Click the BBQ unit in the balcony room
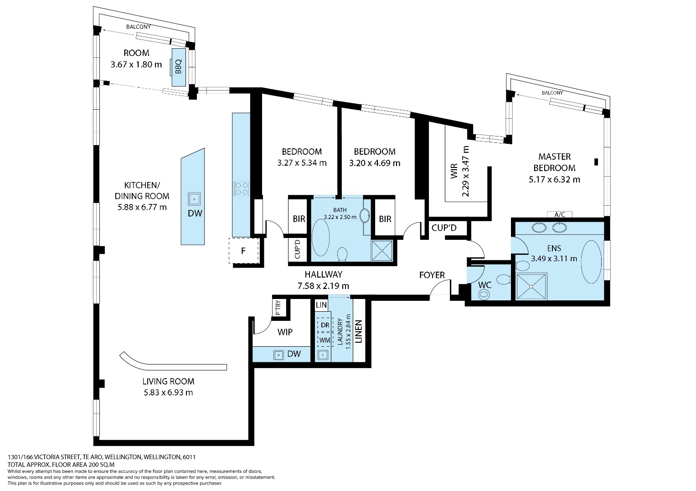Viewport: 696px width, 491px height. click(179, 67)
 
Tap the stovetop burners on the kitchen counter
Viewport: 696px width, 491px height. click(241, 188)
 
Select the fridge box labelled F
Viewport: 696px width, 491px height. click(244, 251)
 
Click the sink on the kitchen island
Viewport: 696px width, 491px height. click(194, 199)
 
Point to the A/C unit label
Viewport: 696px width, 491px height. click(559, 214)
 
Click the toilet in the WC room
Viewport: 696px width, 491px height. click(503, 279)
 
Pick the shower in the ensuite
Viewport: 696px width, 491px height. click(531, 286)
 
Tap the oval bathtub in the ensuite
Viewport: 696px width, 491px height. click(591, 262)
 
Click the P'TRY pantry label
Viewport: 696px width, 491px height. click(278, 308)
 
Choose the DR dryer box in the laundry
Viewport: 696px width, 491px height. click(325, 325)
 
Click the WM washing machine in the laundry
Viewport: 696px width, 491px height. click(325, 340)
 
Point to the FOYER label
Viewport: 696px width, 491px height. click(432, 275)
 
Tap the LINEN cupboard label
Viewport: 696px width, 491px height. click(359, 331)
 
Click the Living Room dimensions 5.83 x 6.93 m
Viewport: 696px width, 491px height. click(168, 392)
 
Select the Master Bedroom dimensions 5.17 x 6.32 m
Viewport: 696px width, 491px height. click(554, 179)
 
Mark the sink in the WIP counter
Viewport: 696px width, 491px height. click(278, 355)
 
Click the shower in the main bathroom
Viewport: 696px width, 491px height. click(382, 250)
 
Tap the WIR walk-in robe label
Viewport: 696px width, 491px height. click(454, 171)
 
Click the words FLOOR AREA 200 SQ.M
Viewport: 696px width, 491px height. click(83, 465)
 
